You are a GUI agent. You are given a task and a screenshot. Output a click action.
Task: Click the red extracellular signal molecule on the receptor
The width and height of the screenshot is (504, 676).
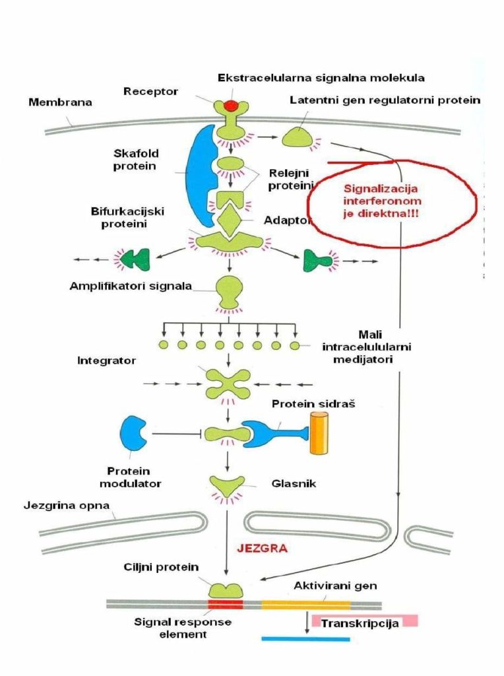[231, 105]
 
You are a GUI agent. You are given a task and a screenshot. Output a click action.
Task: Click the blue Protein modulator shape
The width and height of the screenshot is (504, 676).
[134, 433]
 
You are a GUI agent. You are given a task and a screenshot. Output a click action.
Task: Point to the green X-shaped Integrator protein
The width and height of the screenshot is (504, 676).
[228, 383]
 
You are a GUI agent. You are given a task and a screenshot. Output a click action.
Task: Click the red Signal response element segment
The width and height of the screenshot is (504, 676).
[226, 603]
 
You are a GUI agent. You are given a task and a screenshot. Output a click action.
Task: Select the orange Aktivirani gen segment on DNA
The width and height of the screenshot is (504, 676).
[305, 603]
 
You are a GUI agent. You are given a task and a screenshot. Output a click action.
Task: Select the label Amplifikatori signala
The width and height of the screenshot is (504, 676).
[131, 286]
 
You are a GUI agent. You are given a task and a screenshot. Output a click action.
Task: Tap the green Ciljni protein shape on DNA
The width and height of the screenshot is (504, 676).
[226, 589]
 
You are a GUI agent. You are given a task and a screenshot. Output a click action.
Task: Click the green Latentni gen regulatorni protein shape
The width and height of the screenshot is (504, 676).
[299, 137]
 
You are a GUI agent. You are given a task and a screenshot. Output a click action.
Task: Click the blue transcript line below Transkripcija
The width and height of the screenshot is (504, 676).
[305, 638]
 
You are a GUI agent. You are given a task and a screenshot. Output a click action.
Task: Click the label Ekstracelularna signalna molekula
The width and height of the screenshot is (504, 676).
[321, 78]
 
